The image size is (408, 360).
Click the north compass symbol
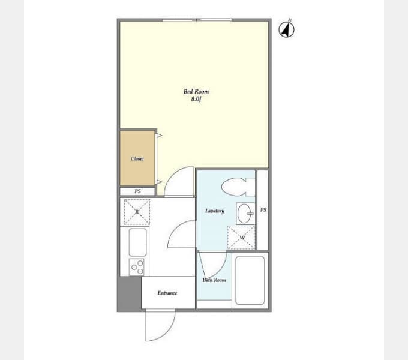pyautogui.click(x=286, y=29)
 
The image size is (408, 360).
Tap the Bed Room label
pyautogui.click(x=196, y=91)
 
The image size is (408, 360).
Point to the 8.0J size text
pyautogui.click(x=196, y=99)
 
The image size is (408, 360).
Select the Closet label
pyautogui.click(x=137, y=158)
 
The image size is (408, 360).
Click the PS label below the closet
pyautogui.click(x=137, y=191)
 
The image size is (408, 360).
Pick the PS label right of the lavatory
pyautogui.click(x=263, y=209)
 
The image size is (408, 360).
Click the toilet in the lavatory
pyautogui.click(x=238, y=187)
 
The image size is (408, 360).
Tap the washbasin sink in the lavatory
pyautogui.click(x=245, y=213)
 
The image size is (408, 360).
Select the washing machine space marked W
pyautogui.click(x=241, y=238)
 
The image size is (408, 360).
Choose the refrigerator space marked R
pyautogui.click(x=137, y=212)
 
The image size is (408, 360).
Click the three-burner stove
pyautogui.click(x=137, y=267)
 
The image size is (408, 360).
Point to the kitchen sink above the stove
pyautogui.click(x=137, y=242)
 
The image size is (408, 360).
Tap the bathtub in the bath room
pyautogui.click(x=250, y=280)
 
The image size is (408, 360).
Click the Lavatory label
pyautogui.click(x=215, y=211)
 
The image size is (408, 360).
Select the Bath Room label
pyautogui.click(x=214, y=280)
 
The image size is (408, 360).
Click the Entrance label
pyautogui.click(x=167, y=293)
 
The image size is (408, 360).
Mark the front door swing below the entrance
pyautogui.click(x=160, y=325)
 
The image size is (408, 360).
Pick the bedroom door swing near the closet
pyautogui.click(x=179, y=181)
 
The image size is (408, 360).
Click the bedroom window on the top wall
pyautogui.click(x=197, y=20)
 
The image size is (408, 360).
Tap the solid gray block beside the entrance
pyautogui.click(x=129, y=293)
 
